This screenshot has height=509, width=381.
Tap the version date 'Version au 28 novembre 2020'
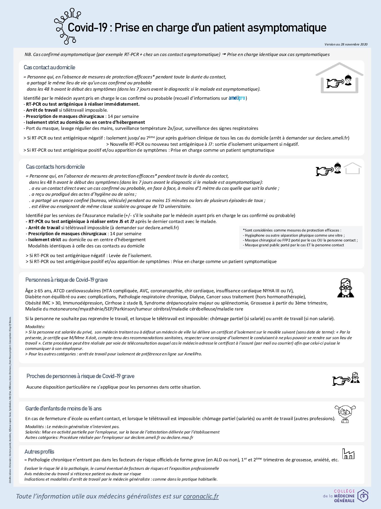tap(346, 44)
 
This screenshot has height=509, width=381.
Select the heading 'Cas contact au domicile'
tap(49, 67)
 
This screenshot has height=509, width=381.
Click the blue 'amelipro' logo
tap(237, 98)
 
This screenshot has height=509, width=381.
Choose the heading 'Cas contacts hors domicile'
tap(55, 167)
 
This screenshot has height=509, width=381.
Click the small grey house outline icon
tap(352, 168)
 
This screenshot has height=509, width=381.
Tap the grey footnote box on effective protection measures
tap(300, 237)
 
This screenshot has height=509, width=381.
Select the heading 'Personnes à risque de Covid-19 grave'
tap(67, 280)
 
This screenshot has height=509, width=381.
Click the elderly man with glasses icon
tap(346, 288)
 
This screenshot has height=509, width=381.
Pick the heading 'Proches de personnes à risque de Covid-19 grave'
tap(80, 376)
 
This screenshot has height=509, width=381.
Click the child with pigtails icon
tap(345, 413)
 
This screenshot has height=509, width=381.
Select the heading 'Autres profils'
tap(39, 452)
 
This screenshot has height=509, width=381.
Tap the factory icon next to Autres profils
tap(348, 454)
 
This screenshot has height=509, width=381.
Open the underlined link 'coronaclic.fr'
tap(201, 496)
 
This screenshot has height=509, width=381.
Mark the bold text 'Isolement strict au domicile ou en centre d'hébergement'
tap(85, 122)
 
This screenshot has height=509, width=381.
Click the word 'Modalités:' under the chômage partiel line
tap(35, 327)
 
